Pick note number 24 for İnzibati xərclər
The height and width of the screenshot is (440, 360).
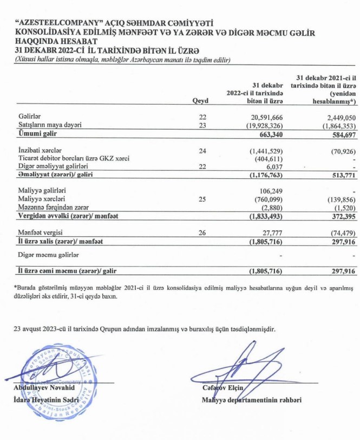coord(203,150)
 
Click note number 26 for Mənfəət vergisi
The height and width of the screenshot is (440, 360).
coord(203,233)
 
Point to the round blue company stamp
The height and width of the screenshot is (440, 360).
coord(64,375)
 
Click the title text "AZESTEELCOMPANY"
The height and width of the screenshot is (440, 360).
coord(62,23)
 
